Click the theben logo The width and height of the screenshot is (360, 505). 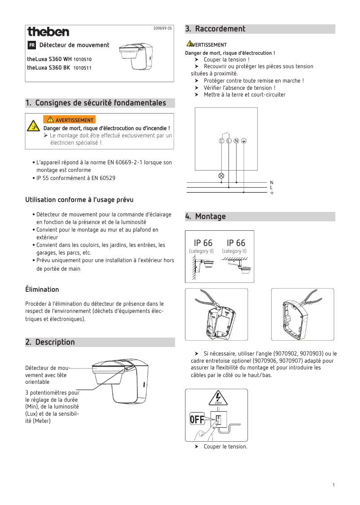click(x=48, y=32)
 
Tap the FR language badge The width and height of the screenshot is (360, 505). click(x=32, y=45)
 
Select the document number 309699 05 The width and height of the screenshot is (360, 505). click(x=162, y=29)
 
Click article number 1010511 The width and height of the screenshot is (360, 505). click(x=83, y=68)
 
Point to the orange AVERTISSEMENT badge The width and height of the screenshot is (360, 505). click(x=69, y=120)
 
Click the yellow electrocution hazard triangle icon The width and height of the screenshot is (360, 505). click(x=33, y=126)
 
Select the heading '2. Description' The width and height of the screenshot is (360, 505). click(x=50, y=342)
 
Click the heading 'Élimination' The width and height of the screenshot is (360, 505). click(x=42, y=289)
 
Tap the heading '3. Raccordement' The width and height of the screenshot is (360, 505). click(x=215, y=29)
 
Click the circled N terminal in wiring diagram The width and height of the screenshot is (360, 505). click(x=236, y=141)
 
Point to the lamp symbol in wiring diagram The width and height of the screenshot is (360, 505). click(x=221, y=175)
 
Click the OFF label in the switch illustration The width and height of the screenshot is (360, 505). click(x=197, y=420)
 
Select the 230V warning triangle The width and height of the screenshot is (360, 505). click(x=218, y=399)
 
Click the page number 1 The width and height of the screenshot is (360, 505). click(x=334, y=485)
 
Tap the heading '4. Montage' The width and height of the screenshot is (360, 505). click(x=206, y=216)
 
